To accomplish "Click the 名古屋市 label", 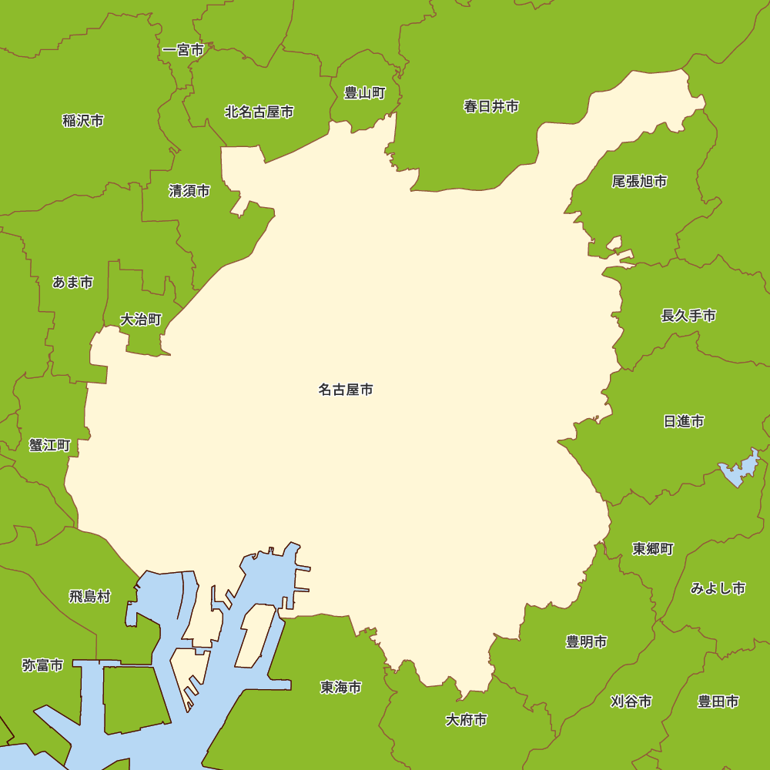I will [346, 390].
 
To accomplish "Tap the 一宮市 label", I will [183, 51].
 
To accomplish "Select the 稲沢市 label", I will [83, 120].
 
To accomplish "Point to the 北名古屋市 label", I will [259, 112].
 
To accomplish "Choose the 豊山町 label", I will [364, 93].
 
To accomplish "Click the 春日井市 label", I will [490, 106].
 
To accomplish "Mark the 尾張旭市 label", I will [639, 182].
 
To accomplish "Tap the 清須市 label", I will [189, 191].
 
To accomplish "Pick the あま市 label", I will [72, 283].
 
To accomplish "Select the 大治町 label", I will [141, 319].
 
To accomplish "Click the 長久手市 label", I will [688, 316].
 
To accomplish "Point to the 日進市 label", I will [684, 421].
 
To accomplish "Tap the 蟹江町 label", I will [50, 445].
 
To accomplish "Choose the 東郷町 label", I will [653, 549].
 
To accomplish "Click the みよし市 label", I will [718, 588].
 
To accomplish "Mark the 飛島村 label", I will [90, 596].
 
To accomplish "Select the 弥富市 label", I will [42, 665].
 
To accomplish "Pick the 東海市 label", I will [341, 687].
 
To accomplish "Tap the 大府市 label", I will [466, 720].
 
